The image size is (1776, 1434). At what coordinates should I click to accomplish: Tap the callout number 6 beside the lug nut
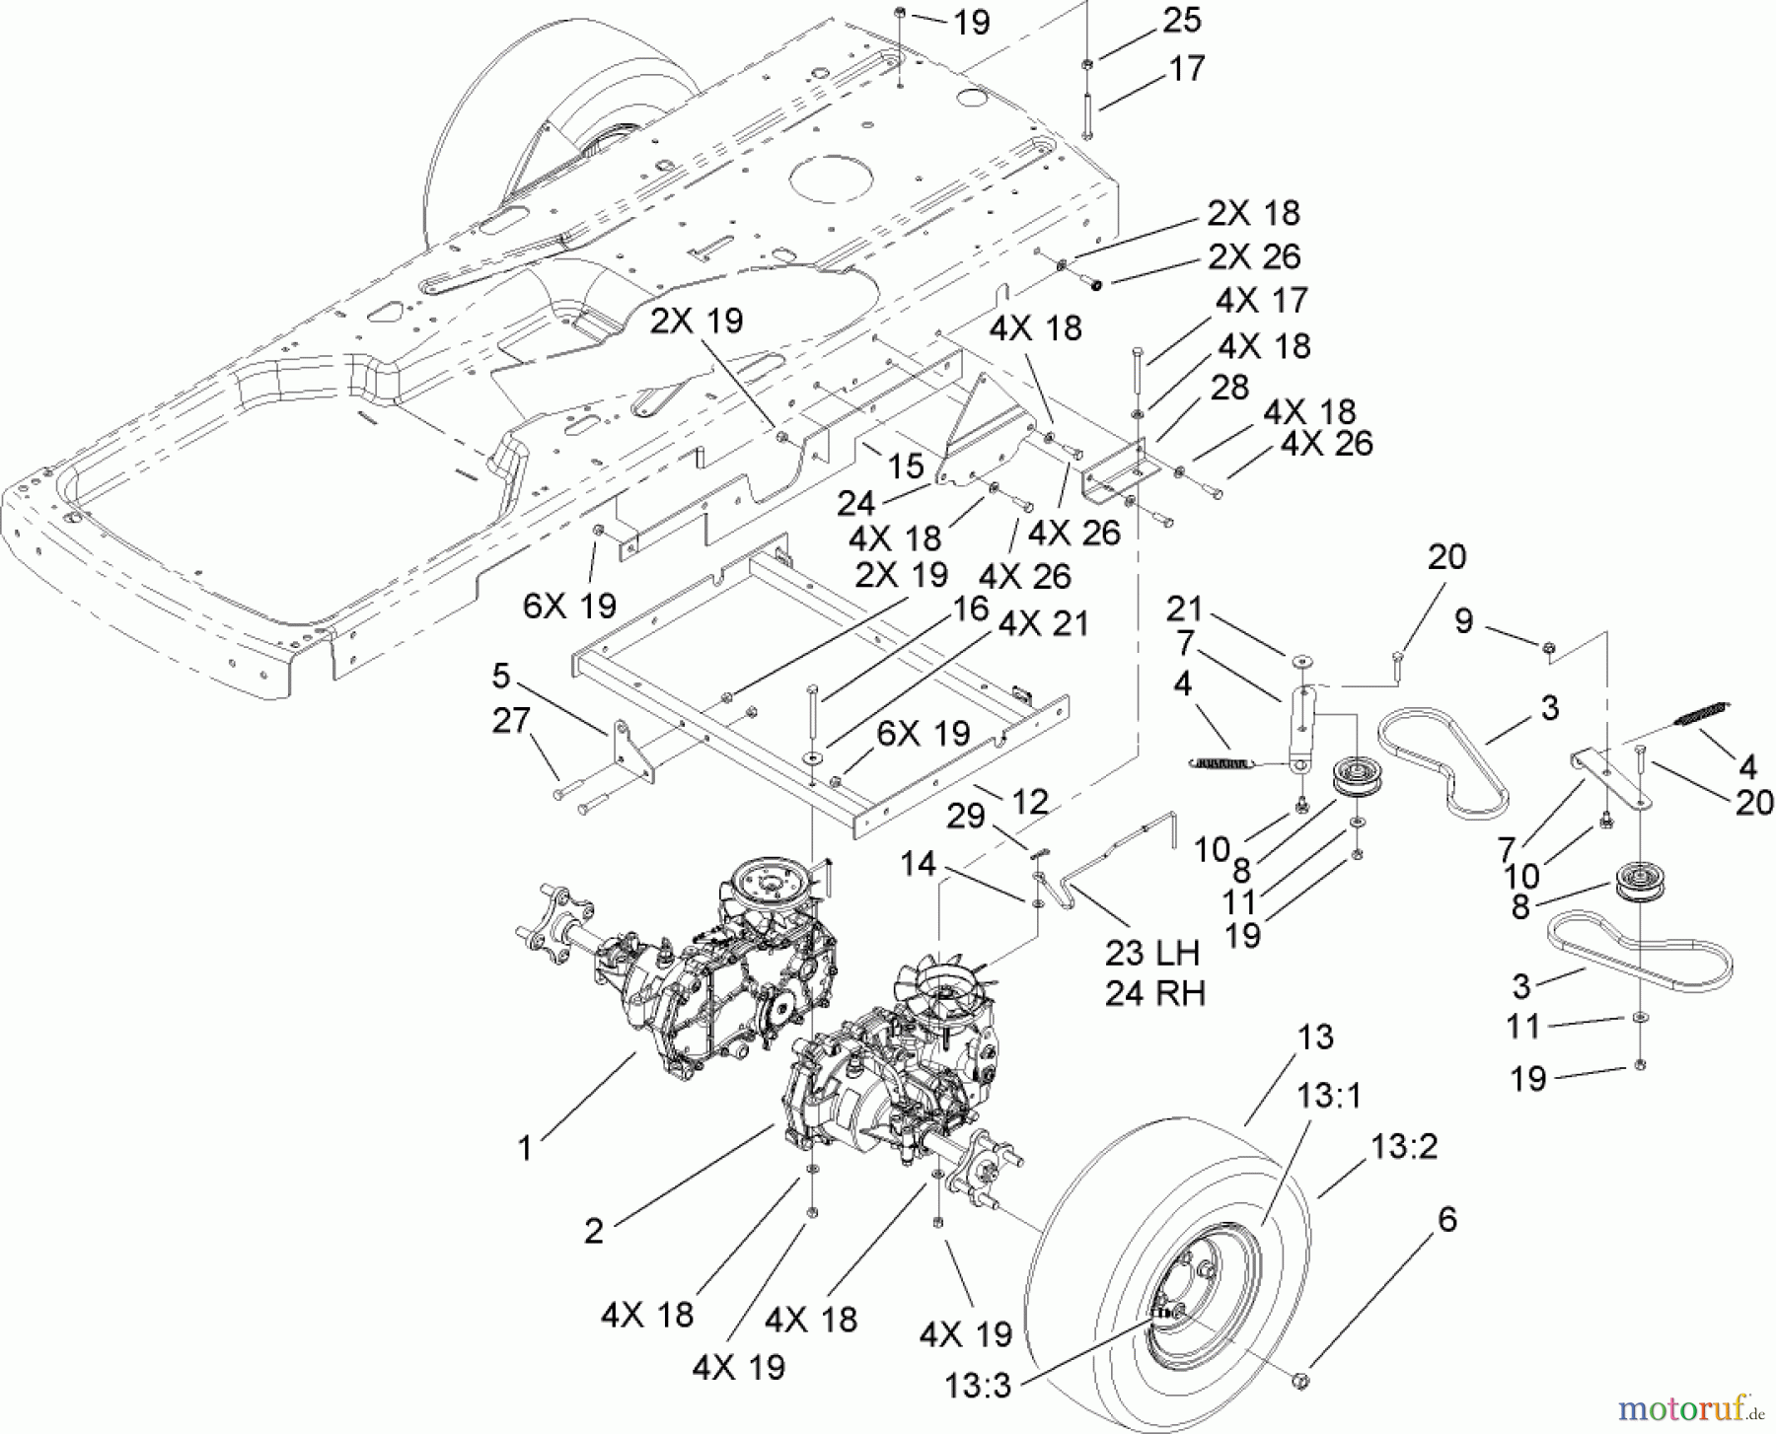[1446, 1219]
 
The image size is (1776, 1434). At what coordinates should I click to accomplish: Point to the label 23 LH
[1151, 953]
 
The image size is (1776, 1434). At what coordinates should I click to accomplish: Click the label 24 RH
[1154, 992]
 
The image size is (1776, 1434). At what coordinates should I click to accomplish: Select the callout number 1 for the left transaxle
[525, 1148]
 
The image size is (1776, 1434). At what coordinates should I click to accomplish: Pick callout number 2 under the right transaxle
[593, 1231]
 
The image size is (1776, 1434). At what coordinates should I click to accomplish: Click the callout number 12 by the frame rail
[1030, 802]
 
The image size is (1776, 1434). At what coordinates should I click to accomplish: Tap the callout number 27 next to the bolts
[512, 720]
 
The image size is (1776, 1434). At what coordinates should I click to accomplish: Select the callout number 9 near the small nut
[1464, 620]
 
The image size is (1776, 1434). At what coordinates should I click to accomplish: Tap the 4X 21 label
[1043, 624]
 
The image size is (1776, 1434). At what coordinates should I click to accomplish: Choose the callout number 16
[971, 609]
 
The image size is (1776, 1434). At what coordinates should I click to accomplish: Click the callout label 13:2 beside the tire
[1404, 1146]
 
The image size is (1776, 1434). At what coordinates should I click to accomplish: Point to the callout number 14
[918, 864]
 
